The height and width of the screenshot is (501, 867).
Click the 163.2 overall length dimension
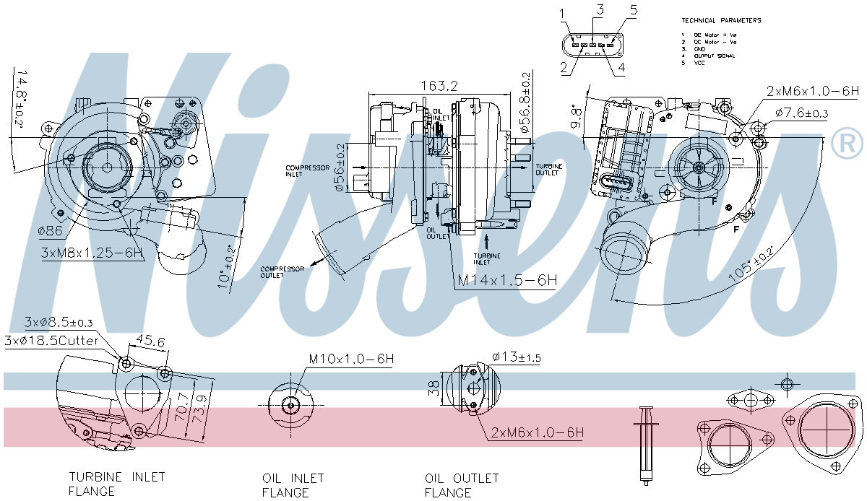[440, 86]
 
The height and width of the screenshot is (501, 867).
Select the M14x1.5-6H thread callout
[507, 281]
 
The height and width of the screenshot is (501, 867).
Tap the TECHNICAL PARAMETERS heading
[721, 20]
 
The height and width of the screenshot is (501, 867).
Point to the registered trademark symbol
[847, 144]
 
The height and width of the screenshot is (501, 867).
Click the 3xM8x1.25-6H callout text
[92, 253]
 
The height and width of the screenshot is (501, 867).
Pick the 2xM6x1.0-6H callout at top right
[813, 91]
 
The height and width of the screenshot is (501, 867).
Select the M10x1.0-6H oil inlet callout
[350, 359]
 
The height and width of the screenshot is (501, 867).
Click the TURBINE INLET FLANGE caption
[116, 484]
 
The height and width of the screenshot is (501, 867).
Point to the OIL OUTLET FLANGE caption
[462, 485]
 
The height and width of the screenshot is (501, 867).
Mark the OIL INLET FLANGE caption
[293, 485]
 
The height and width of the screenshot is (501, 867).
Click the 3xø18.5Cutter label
[52, 340]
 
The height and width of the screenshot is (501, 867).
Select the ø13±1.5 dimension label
[516, 357]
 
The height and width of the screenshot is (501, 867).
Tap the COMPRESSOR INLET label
[303, 170]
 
